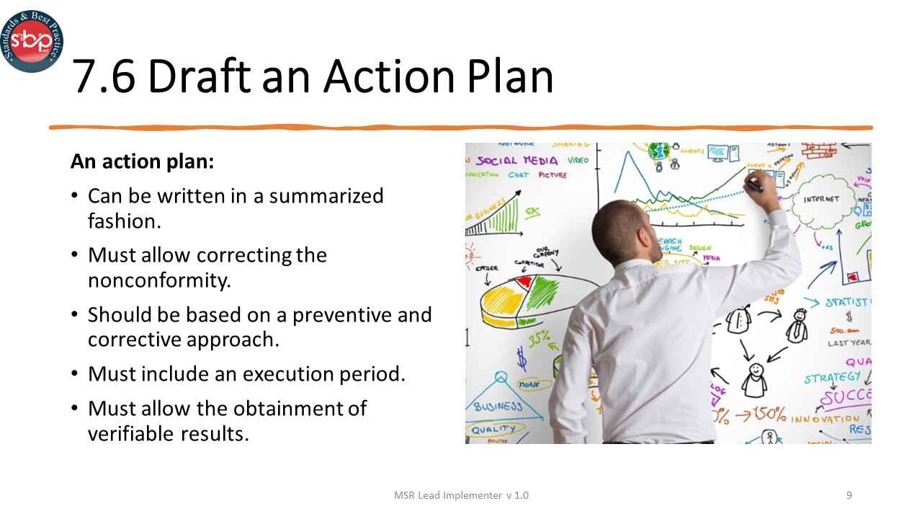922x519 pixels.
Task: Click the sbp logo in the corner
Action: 31,41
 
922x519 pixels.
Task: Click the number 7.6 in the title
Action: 104,76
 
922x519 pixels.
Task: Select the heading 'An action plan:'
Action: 142,161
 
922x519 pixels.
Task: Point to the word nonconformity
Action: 159,280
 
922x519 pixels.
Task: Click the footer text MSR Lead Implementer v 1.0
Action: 461,495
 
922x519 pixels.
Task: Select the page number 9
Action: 849,495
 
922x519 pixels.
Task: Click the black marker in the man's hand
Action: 753,185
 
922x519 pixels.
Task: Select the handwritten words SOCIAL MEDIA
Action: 516,160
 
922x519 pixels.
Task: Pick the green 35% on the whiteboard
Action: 538,338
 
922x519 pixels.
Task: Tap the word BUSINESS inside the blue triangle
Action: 498,407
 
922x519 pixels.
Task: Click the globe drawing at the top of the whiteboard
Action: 658,151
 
